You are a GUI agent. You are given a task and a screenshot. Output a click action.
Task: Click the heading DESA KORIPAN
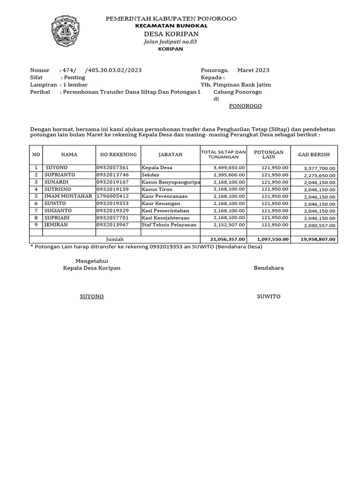point(171,34)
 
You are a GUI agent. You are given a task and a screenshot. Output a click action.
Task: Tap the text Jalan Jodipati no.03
point(171,42)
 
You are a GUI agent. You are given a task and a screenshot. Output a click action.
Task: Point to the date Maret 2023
point(253,70)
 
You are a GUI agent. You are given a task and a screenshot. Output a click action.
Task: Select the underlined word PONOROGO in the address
point(245,106)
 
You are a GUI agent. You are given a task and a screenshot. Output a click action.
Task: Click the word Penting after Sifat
point(74,77)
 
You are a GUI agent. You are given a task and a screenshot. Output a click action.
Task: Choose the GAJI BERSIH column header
point(314,154)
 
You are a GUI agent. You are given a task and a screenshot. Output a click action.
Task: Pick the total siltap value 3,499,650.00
point(229,167)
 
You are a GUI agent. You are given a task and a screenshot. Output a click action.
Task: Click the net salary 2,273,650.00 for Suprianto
point(319,175)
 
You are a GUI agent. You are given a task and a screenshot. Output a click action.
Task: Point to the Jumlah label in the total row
point(115,239)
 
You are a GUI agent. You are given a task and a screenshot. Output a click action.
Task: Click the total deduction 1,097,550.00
point(273,239)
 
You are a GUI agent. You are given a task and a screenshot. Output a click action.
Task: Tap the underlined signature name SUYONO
point(91,297)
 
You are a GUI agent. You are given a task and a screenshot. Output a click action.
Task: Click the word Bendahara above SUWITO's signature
point(269,268)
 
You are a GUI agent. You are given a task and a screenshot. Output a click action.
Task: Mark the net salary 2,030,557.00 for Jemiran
point(319,225)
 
